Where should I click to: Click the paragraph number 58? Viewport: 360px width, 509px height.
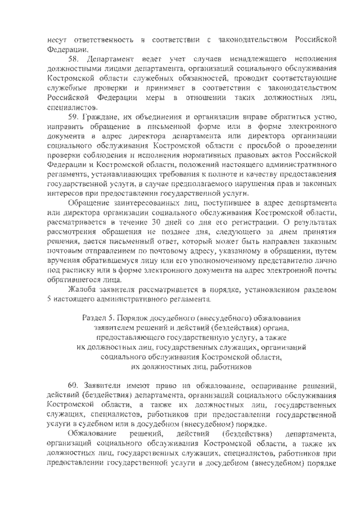coord(72,59)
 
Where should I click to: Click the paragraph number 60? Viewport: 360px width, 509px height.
coord(72,386)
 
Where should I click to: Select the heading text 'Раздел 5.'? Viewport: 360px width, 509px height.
coord(97,318)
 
